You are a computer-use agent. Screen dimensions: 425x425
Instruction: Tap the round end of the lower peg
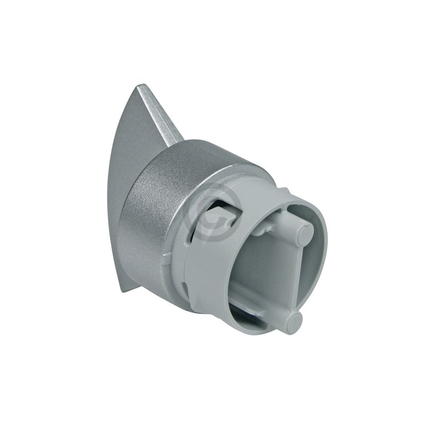point(292,322)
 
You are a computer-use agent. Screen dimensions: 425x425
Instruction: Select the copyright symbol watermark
point(212,212)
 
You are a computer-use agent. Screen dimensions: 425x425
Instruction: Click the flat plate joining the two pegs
point(290,276)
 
